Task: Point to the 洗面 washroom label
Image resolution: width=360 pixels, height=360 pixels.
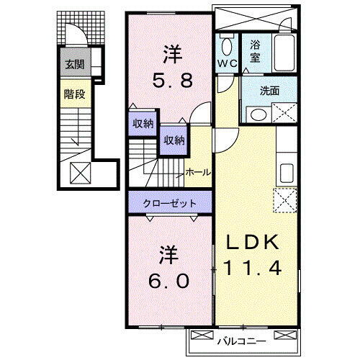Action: [x=259, y=92]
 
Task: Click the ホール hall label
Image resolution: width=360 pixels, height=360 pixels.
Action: [x=198, y=172]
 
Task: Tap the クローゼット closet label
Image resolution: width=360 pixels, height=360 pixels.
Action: [x=170, y=203]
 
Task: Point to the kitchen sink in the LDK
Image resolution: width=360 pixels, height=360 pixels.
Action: [x=285, y=172]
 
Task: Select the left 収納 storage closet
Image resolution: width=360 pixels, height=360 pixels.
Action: [x=143, y=123]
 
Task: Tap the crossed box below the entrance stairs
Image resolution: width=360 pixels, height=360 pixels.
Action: [x=80, y=173]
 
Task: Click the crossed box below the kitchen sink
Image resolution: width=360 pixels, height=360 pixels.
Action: [x=285, y=199]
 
